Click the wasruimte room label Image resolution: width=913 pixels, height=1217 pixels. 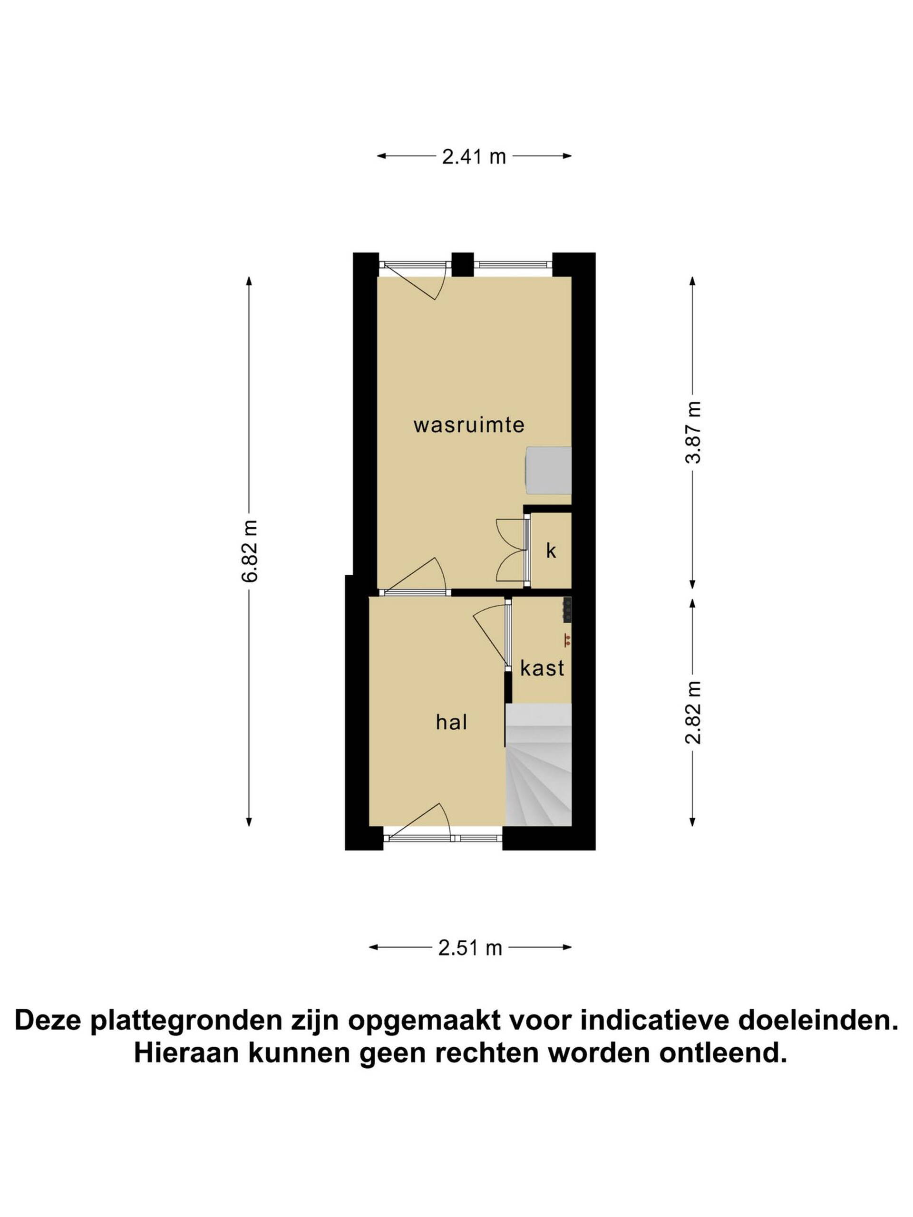(469, 425)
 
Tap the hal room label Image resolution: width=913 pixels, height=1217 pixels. (452, 722)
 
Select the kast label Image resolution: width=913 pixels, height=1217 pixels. (542, 668)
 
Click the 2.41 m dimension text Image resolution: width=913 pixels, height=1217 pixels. (474, 157)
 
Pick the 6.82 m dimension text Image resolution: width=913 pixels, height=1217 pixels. (251, 551)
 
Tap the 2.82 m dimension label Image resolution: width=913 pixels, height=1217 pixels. (694, 712)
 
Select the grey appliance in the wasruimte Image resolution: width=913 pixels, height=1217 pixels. (549, 471)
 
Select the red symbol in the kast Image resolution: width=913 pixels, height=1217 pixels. (566, 639)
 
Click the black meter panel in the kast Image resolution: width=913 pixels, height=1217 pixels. (567, 610)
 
